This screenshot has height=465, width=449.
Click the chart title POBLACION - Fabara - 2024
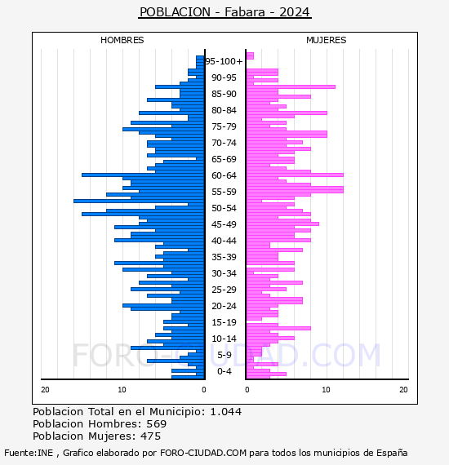224,12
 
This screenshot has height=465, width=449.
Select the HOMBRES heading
122,40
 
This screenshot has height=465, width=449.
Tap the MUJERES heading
327,40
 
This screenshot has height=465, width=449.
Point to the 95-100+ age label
224,61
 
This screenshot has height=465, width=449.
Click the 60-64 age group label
224,175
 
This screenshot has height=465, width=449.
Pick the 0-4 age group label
224,371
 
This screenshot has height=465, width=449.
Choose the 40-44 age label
224,241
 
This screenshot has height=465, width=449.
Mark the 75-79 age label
224,126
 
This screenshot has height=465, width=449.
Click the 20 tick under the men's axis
45,389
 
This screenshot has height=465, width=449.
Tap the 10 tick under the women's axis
326,389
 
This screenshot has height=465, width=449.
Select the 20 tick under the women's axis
403,389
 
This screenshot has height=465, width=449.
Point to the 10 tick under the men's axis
122,389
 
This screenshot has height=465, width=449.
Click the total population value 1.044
226,412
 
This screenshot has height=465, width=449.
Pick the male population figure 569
157,423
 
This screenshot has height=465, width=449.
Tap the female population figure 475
151,436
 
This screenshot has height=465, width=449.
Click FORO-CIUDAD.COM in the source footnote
203,453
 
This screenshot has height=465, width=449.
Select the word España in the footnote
392,454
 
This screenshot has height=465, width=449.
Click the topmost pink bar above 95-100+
250,55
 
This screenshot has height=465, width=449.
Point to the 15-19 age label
224,322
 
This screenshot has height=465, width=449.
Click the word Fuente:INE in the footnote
29,453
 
